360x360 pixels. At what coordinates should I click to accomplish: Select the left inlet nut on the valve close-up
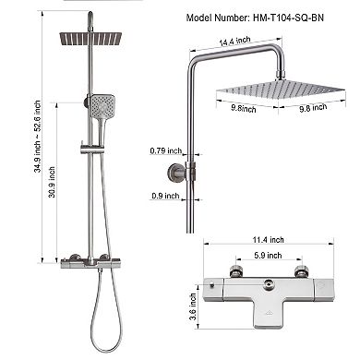(x=234, y=271)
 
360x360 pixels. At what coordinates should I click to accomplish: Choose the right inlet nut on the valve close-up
(x=301, y=271)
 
